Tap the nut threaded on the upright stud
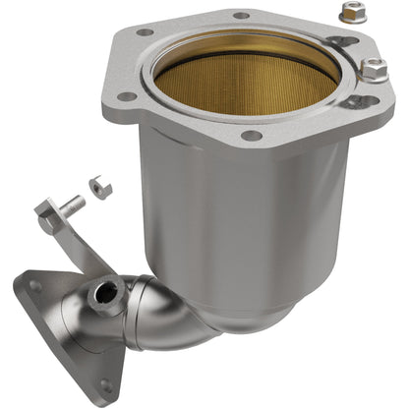[374, 70]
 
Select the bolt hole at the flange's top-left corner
[146, 31]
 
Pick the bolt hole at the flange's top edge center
[240, 16]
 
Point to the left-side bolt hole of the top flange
[126, 97]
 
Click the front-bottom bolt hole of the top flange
[252, 135]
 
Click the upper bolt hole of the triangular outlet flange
[35, 286]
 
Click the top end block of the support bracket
[47, 211]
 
